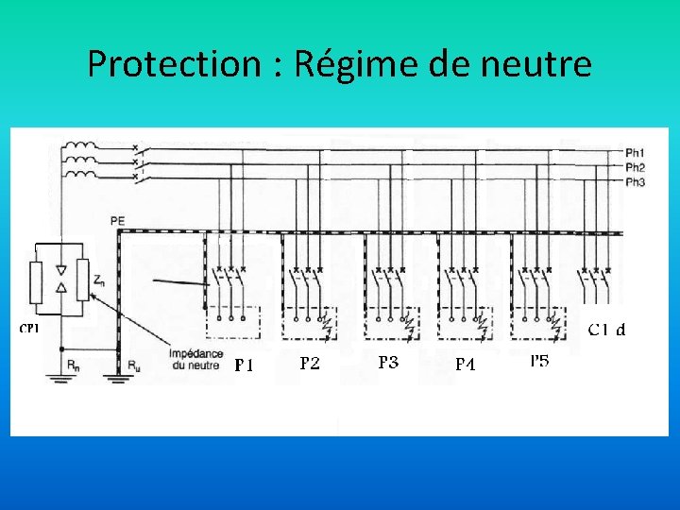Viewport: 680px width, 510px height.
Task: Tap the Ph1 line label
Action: click(x=635, y=153)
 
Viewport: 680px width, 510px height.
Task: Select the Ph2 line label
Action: click(x=635, y=167)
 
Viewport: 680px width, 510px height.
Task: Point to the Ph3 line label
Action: click(x=635, y=181)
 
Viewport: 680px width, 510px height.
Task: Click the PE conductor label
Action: click(x=117, y=220)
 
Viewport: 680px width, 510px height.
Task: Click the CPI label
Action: click(x=29, y=329)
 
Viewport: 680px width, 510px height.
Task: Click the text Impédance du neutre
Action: click(x=195, y=358)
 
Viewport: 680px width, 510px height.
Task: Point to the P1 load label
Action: click(x=245, y=365)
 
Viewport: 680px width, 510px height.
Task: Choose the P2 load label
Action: click(x=310, y=362)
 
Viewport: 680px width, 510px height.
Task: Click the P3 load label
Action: click(x=388, y=361)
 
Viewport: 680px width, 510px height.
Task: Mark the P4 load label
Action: click(x=465, y=364)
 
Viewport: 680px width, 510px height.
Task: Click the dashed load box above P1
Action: click(x=232, y=322)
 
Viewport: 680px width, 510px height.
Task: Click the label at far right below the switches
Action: click(x=606, y=330)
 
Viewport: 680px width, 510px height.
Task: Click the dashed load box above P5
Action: click(x=538, y=322)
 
